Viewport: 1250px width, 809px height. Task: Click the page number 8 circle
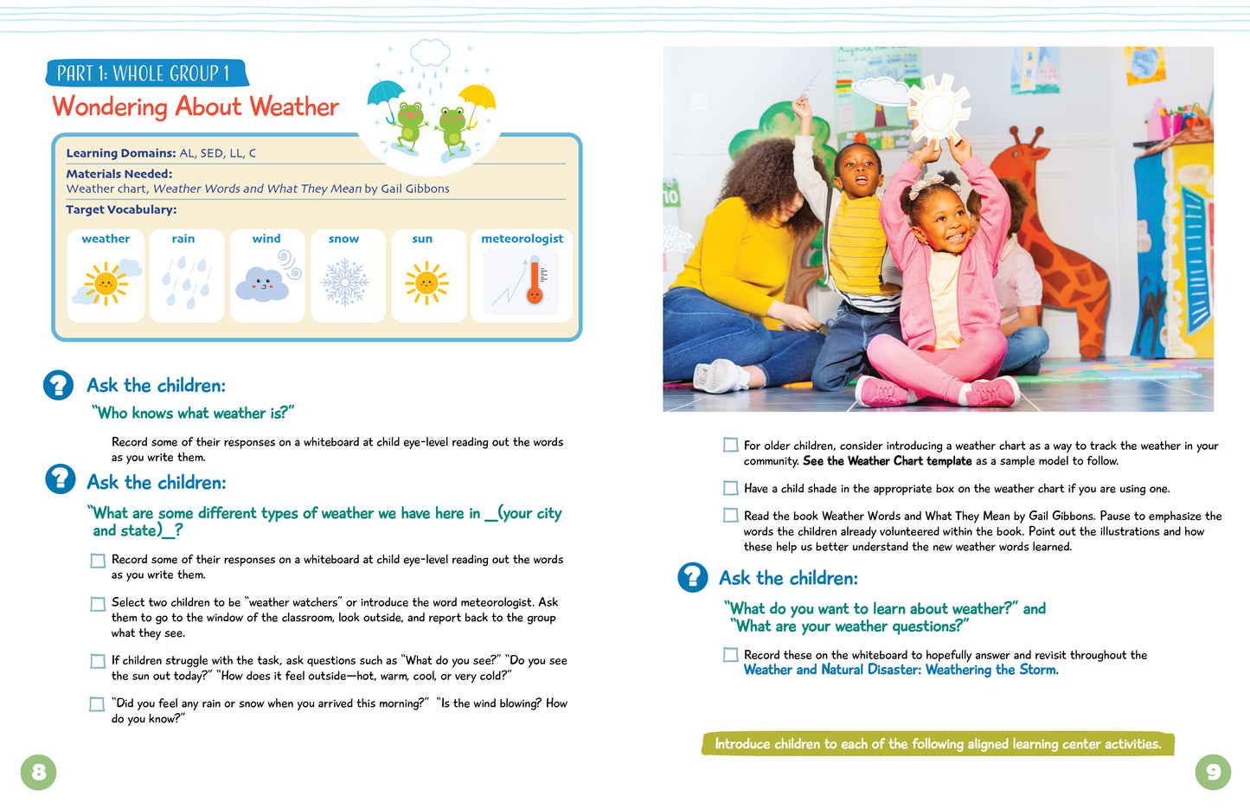tap(38, 772)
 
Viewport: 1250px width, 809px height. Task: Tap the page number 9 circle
tap(1212, 772)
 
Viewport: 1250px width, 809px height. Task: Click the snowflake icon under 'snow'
tap(344, 282)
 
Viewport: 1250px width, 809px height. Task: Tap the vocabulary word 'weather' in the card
tap(106, 239)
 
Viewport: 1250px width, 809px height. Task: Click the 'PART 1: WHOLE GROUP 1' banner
tap(144, 74)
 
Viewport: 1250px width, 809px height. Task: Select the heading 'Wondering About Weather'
tap(196, 106)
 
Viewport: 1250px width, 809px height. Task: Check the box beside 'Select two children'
tap(98, 604)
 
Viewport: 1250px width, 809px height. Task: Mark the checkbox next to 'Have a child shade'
tap(731, 489)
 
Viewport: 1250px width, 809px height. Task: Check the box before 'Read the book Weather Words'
tap(731, 516)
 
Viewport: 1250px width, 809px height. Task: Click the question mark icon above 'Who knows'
tap(59, 385)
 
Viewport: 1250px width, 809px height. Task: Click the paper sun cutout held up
tap(936, 112)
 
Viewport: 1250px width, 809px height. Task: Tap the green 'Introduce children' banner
tap(937, 744)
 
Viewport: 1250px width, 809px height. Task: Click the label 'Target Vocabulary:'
tap(121, 209)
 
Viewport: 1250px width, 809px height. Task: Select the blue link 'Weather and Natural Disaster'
tap(901, 670)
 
